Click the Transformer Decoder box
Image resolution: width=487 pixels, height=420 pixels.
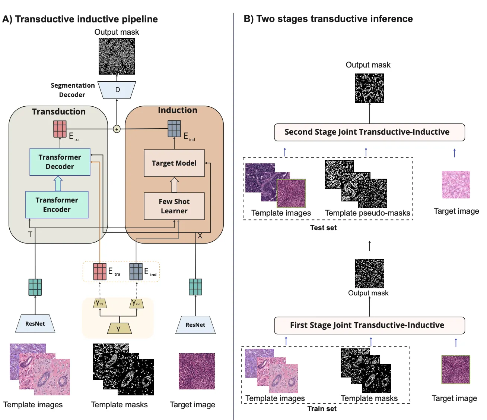click(x=60, y=162)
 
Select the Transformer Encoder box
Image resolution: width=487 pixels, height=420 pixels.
click(x=57, y=205)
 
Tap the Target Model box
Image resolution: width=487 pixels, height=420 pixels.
click(x=174, y=163)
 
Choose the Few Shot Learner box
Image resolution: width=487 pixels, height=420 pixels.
click(x=174, y=206)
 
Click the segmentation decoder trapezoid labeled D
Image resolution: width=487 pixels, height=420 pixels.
click(x=117, y=90)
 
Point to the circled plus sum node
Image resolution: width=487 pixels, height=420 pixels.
click(x=117, y=129)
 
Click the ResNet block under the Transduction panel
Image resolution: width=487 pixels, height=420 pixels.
click(x=35, y=324)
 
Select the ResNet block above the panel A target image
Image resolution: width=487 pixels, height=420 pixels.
click(x=195, y=325)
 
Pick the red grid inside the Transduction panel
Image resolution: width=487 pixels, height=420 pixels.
click(x=60, y=129)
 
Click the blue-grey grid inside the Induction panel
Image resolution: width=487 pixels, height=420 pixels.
click(x=174, y=129)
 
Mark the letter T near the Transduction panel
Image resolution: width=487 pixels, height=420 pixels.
click(x=30, y=234)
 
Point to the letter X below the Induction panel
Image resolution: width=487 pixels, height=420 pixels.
click(x=200, y=236)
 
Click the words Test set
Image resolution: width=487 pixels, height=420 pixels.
click(x=323, y=228)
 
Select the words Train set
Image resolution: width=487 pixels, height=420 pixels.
click(x=322, y=409)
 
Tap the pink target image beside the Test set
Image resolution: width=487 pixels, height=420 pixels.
click(x=456, y=185)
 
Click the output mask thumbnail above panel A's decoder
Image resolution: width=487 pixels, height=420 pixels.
click(x=117, y=56)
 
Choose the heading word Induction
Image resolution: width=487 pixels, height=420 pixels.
click(x=177, y=110)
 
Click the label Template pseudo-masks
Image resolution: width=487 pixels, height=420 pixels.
click(x=367, y=213)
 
